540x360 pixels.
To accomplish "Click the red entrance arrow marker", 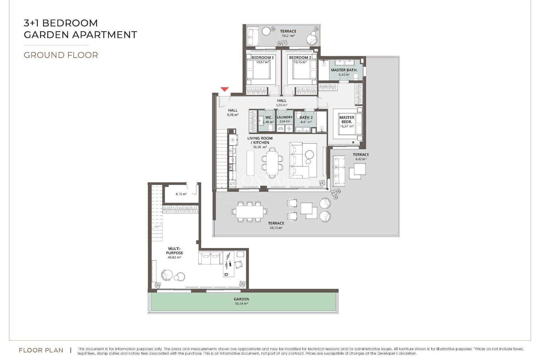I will pyautogui.click(x=224, y=89).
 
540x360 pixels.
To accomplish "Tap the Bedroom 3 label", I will pyautogui.click(x=262, y=57).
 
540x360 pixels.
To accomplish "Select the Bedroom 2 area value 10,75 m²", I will pyautogui.click(x=300, y=62).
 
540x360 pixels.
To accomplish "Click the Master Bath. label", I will pyautogui.click(x=344, y=70).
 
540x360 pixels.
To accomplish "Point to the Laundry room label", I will pyautogui.click(x=285, y=117).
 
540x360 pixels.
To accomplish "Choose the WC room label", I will pyautogui.click(x=268, y=118).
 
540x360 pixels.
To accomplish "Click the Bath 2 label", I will pyautogui.click(x=306, y=118).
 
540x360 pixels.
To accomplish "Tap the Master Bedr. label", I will pyautogui.click(x=346, y=120).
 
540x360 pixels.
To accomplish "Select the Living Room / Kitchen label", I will pyautogui.click(x=260, y=140).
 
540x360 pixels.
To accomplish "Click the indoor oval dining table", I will pyautogui.click(x=272, y=163).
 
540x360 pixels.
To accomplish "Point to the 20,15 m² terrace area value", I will pyautogui.click(x=276, y=228).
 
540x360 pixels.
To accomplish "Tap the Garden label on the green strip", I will pyautogui.click(x=241, y=299).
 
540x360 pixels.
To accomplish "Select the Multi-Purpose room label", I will pyautogui.click(x=174, y=251).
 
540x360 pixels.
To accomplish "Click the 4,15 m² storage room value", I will pyautogui.click(x=181, y=194).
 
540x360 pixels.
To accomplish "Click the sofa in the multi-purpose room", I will pyautogui.click(x=211, y=258).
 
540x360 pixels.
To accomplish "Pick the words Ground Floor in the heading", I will pyautogui.click(x=61, y=55).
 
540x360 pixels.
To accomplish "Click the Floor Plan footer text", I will pyautogui.click(x=41, y=350).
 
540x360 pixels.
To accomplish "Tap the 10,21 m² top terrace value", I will pyautogui.click(x=288, y=36).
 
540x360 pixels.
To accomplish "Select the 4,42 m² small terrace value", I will pyautogui.click(x=361, y=159).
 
